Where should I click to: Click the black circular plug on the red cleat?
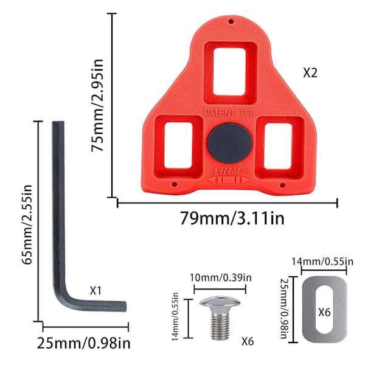[229, 143]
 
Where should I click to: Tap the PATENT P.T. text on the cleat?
[229, 113]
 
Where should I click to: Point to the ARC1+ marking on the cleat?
[229, 172]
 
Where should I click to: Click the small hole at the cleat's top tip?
[231, 22]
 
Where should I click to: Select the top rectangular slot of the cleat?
[229, 72]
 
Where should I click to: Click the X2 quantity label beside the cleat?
[310, 72]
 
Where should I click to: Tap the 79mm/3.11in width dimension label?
[232, 218]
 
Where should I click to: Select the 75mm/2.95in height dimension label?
[97, 105]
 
